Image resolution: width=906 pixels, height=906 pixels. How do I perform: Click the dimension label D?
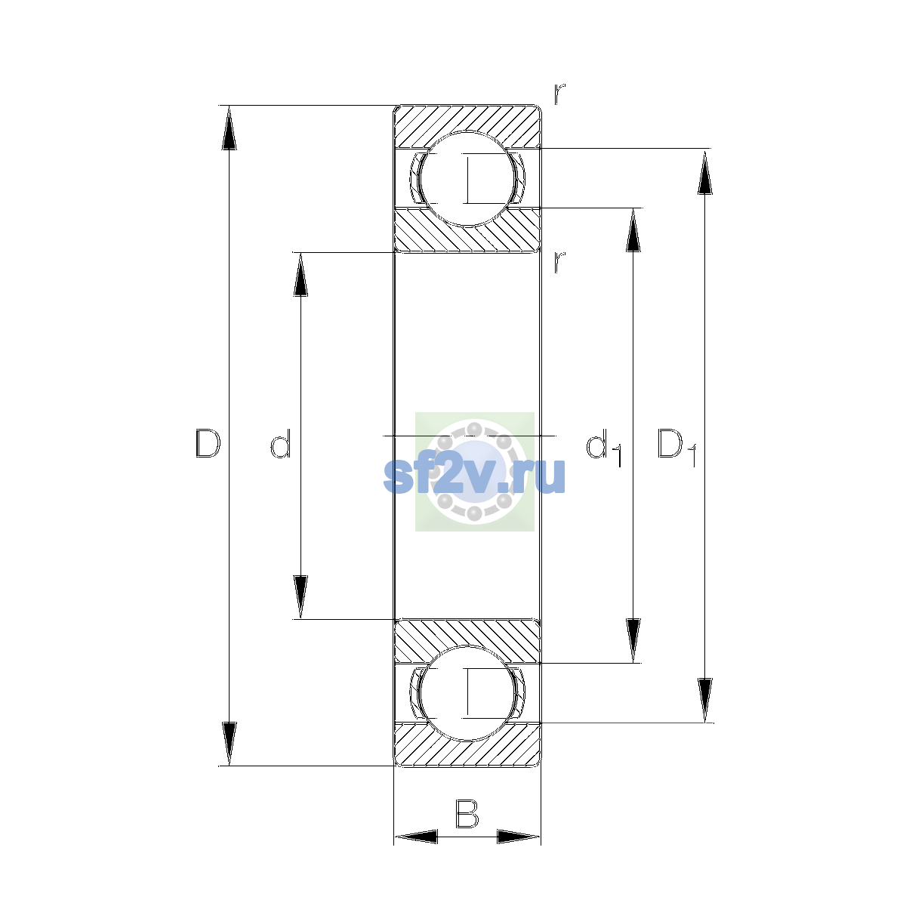208,443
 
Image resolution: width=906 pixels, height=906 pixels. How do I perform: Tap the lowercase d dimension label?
281,443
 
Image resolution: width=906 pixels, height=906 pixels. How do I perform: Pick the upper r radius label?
559,94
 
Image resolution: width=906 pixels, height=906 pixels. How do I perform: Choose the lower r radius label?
559,262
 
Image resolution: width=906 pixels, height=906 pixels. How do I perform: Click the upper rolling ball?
467,179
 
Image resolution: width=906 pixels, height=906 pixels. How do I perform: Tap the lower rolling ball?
467,693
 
